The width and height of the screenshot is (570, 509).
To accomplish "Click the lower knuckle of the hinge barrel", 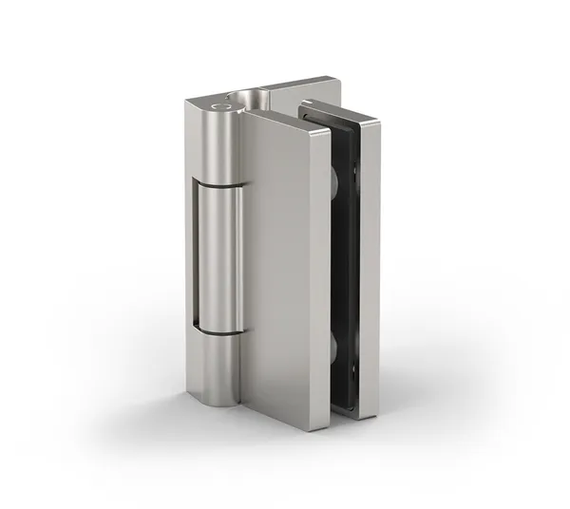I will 220,366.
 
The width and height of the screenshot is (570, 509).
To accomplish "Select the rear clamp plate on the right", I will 370,266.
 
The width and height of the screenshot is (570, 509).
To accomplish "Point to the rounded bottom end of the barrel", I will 222,400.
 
